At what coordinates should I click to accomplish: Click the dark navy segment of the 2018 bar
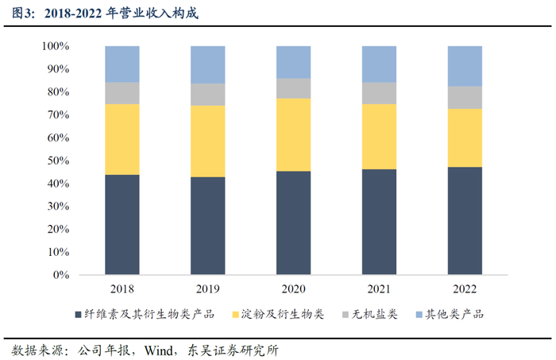122,225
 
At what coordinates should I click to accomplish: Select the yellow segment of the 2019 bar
208,141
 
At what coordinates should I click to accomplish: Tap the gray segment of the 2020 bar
294,88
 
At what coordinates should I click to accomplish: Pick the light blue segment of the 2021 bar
379,64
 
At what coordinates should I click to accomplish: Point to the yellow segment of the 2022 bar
465,138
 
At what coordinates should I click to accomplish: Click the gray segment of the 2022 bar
465,98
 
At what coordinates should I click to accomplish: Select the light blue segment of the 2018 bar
122,64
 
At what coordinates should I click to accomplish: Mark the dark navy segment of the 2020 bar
294,223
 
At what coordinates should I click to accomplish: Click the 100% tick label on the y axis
56,46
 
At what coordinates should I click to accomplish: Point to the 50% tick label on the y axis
58,161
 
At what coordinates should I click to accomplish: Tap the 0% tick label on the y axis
61,275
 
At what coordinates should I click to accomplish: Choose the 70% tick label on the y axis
58,115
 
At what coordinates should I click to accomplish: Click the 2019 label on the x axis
208,289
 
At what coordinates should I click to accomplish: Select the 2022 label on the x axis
465,289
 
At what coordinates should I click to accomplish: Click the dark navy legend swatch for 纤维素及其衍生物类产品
79,314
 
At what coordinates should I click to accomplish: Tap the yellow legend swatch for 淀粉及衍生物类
235,314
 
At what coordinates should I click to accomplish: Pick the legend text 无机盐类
374,314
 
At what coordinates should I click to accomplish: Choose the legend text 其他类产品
454,314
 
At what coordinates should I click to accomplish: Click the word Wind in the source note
159,350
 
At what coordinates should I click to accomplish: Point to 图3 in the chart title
21,14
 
